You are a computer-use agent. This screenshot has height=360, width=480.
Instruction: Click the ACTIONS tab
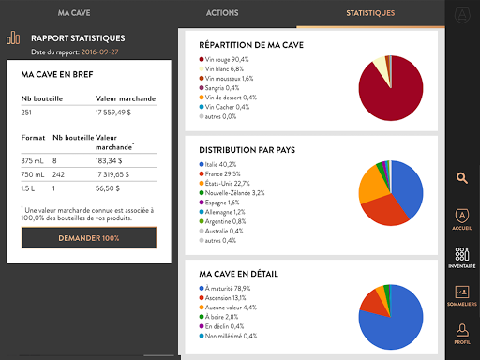coord(222,13)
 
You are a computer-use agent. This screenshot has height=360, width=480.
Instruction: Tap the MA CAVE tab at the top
coord(74,13)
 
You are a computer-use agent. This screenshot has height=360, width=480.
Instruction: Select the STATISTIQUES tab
coord(370,13)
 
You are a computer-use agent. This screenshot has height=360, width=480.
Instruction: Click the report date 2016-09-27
coord(99,52)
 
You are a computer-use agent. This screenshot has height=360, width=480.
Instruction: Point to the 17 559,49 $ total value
coord(113,112)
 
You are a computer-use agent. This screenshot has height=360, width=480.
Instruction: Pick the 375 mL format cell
coord(32,161)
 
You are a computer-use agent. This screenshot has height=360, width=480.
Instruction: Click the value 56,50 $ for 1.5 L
coord(108,188)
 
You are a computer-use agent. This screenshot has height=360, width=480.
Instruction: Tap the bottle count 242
coord(58,174)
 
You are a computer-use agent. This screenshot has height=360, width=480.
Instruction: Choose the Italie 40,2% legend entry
coord(217,164)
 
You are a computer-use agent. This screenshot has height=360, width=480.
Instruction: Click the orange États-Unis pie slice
coord(373,185)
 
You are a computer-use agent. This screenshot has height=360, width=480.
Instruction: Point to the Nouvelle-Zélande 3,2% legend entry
coord(232,193)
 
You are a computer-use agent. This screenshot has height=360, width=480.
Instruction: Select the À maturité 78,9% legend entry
coord(225,289)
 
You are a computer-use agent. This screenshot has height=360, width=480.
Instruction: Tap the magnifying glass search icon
coord(462,178)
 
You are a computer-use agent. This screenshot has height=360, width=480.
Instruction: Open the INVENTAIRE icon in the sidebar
coord(462,258)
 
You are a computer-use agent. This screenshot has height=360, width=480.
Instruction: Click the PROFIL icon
coord(462,334)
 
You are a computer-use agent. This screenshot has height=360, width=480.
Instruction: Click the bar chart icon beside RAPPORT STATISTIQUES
coord(13,37)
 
